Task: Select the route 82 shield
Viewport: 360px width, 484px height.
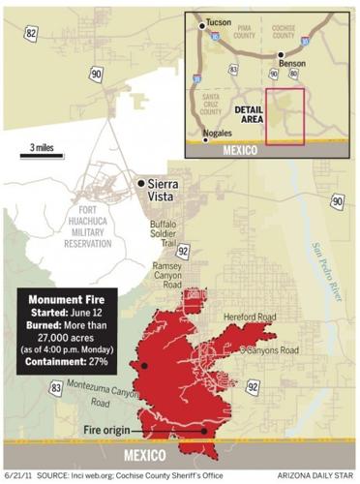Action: pos(32,33)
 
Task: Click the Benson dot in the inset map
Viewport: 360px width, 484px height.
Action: pos(281,56)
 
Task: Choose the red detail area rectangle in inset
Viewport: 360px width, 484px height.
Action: pos(285,116)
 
